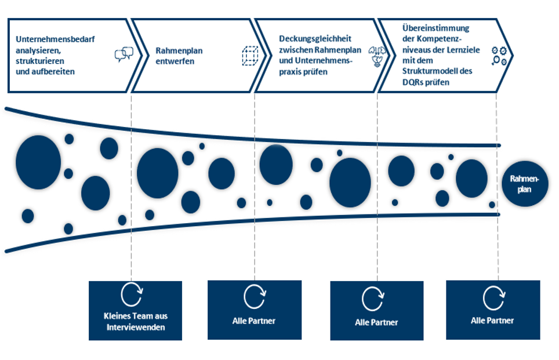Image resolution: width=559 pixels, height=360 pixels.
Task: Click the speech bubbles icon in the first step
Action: (x=124, y=54)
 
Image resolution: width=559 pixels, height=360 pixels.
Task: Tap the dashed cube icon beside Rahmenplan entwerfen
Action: (x=249, y=56)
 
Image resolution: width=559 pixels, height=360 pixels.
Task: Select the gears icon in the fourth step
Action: (x=499, y=56)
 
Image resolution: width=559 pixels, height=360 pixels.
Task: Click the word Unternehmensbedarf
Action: (x=56, y=40)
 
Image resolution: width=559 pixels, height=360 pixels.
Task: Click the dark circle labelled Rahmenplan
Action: (x=525, y=184)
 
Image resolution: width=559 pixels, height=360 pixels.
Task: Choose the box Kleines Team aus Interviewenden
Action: (x=135, y=310)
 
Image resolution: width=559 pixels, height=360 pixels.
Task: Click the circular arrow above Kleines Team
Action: (x=132, y=294)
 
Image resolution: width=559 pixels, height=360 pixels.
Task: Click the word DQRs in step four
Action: (x=412, y=82)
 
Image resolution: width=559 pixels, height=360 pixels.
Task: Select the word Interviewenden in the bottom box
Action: (x=136, y=328)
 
